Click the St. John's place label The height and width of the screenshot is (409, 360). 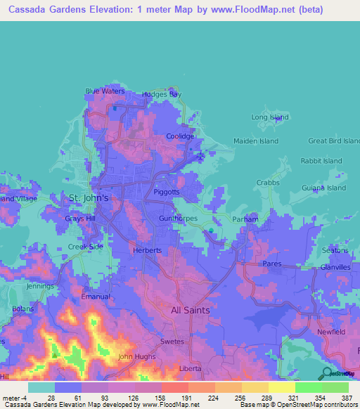coord(88,198)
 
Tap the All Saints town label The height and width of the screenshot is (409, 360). coord(191,309)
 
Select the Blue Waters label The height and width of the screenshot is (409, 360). coord(105,91)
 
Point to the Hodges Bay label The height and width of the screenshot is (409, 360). coord(161,93)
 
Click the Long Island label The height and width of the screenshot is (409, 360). coord(270,117)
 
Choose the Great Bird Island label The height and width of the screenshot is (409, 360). coord(333,141)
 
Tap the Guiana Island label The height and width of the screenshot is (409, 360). coord(323,188)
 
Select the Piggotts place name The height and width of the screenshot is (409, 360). coord(167,192)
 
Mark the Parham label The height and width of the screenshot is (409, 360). coord(245,219)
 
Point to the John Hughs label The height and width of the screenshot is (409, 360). coord(135,357)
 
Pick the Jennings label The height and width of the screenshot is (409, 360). coord(39,287)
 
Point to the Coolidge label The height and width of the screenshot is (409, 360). coord(179,136)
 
